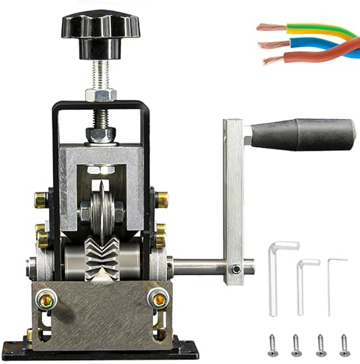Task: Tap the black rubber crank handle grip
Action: (302, 135)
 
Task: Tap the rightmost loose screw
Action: (344, 342)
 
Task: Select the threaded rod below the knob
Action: (99, 74)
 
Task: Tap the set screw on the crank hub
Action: (235, 269)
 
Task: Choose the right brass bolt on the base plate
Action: (157, 299)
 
